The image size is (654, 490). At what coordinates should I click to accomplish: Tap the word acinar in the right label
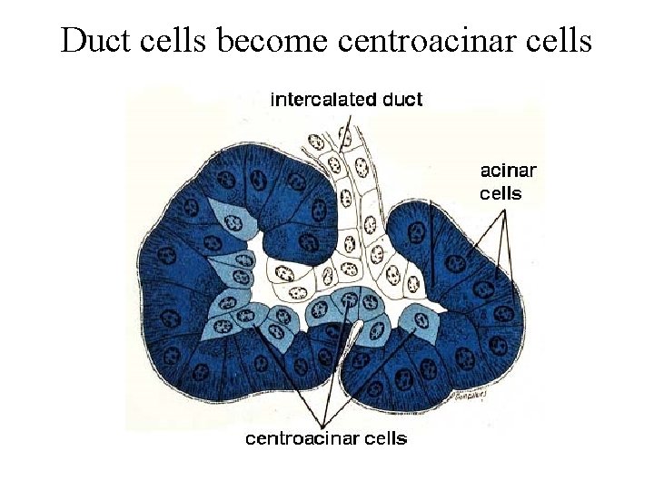pyautogui.click(x=508, y=170)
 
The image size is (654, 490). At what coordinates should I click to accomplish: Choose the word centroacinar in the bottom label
pyautogui.click(x=302, y=439)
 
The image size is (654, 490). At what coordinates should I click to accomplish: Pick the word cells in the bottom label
pyautogui.click(x=385, y=439)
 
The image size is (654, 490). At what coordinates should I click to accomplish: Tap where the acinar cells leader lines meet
pyautogui.click(x=501, y=208)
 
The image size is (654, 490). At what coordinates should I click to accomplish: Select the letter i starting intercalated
pyautogui.click(x=273, y=99)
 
